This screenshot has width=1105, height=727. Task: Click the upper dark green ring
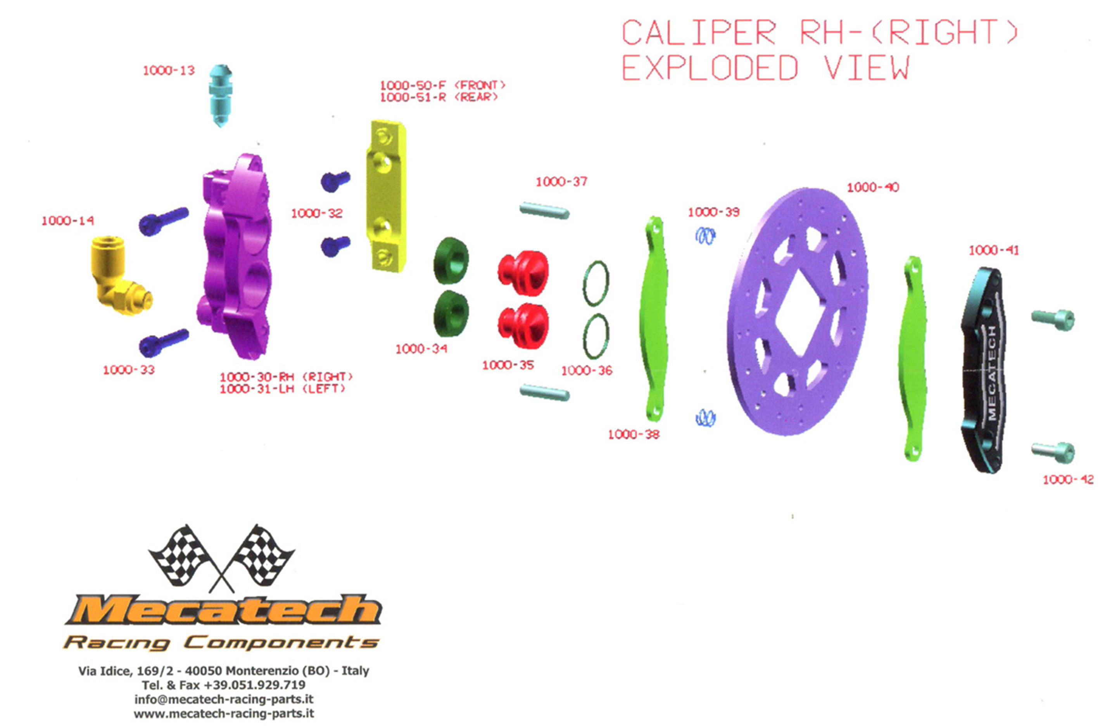pyautogui.click(x=451, y=261)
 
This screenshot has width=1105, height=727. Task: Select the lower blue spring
pyautogui.click(x=705, y=418)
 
